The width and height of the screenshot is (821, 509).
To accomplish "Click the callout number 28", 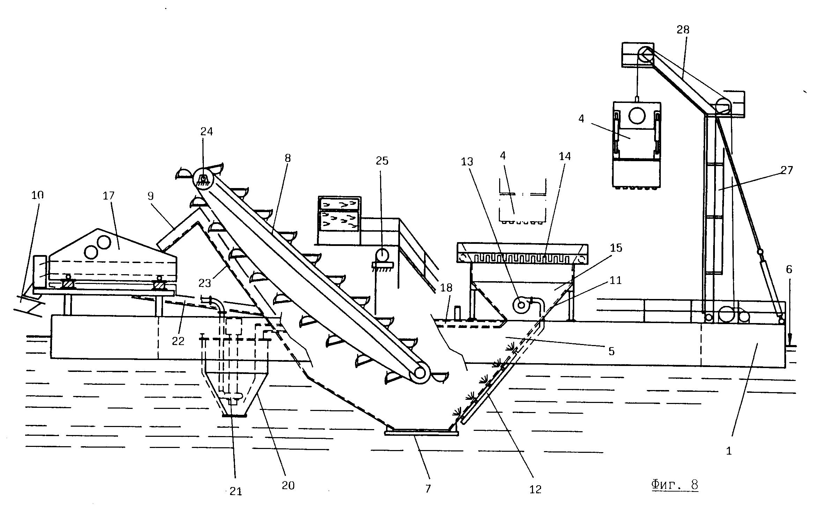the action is [x=683, y=30].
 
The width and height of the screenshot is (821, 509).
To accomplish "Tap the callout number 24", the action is [x=206, y=132].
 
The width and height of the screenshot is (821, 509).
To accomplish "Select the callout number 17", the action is [x=109, y=196].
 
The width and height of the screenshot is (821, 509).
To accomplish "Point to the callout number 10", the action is [x=37, y=195].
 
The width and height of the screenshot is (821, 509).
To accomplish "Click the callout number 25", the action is [x=382, y=161].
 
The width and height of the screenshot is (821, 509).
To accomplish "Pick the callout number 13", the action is [x=467, y=162].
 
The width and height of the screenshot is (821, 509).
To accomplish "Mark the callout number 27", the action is [x=786, y=170].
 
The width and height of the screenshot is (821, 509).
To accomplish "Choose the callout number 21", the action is [x=236, y=492].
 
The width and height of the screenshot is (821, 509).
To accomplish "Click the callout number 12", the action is [x=535, y=490].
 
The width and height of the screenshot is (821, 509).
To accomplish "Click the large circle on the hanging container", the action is [x=637, y=115].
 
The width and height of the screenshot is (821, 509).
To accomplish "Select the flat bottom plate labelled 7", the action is [x=421, y=433].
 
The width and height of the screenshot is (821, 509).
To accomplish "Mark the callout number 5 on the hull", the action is [x=611, y=351].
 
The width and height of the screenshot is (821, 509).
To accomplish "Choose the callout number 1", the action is [x=729, y=451].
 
